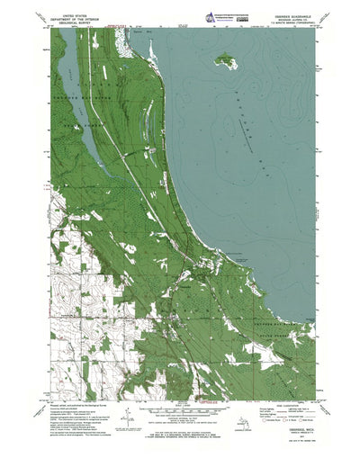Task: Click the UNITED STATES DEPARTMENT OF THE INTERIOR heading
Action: coord(72,20)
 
